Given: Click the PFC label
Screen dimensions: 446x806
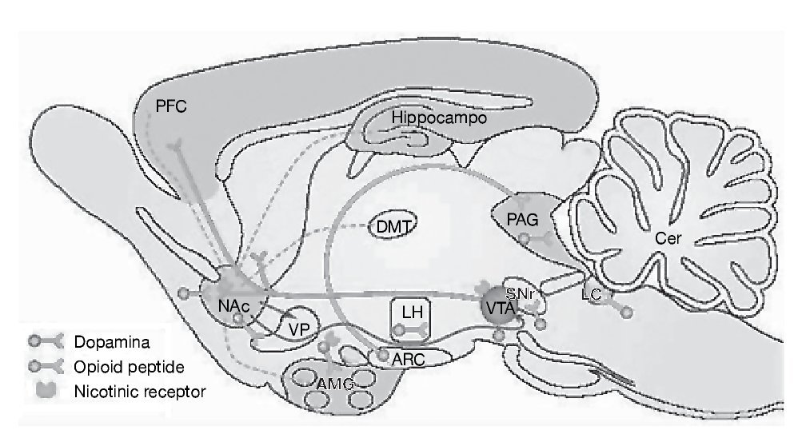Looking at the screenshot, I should (x=172, y=108).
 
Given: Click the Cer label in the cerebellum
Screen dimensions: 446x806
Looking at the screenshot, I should (x=668, y=238).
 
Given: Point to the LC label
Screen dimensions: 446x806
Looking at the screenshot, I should (x=593, y=296).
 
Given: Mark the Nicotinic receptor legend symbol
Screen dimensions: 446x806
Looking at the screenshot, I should (x=47, y=392).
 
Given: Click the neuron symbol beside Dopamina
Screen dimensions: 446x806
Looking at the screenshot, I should (x=46, y=343).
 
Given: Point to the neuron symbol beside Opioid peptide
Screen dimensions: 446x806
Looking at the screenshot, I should (x=46, y=367).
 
